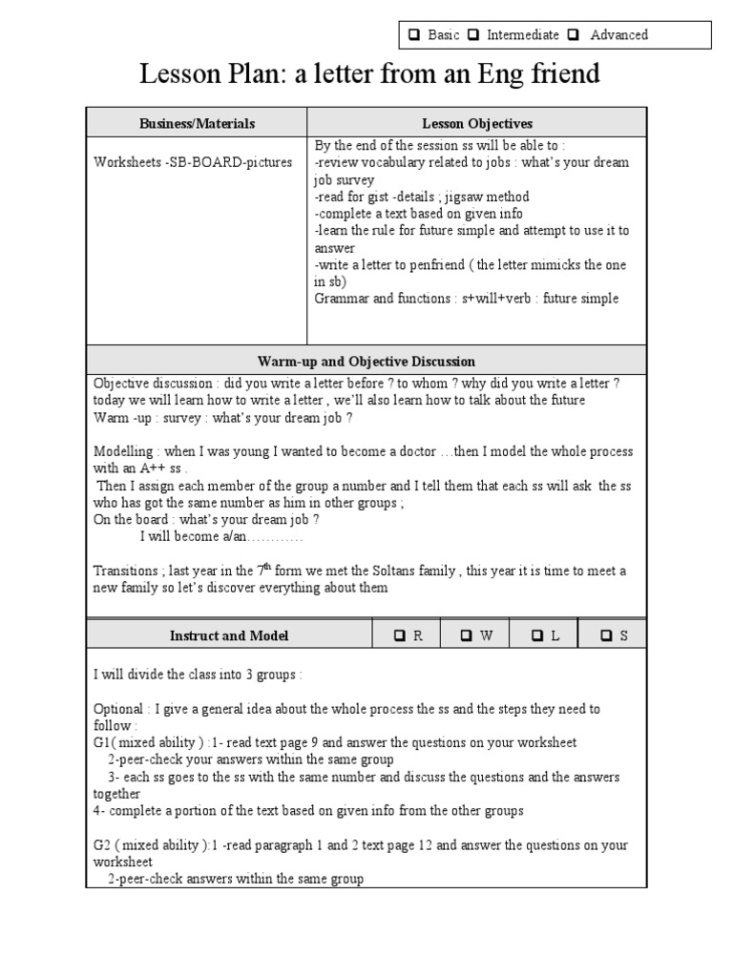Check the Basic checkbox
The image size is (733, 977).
point(415,35)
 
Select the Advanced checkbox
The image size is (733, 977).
point(573,35)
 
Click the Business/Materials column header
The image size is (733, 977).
point(197,123)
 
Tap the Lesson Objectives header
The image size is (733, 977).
point(477,123)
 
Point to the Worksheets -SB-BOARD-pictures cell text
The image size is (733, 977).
point(193,162)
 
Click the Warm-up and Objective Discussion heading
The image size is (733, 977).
point(366,362)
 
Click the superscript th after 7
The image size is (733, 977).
point(271,567)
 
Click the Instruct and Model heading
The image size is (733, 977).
point(229,635)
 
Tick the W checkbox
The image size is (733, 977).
point(467,636)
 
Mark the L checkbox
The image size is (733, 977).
point(537,636)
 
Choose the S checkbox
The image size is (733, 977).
point(606,636)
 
